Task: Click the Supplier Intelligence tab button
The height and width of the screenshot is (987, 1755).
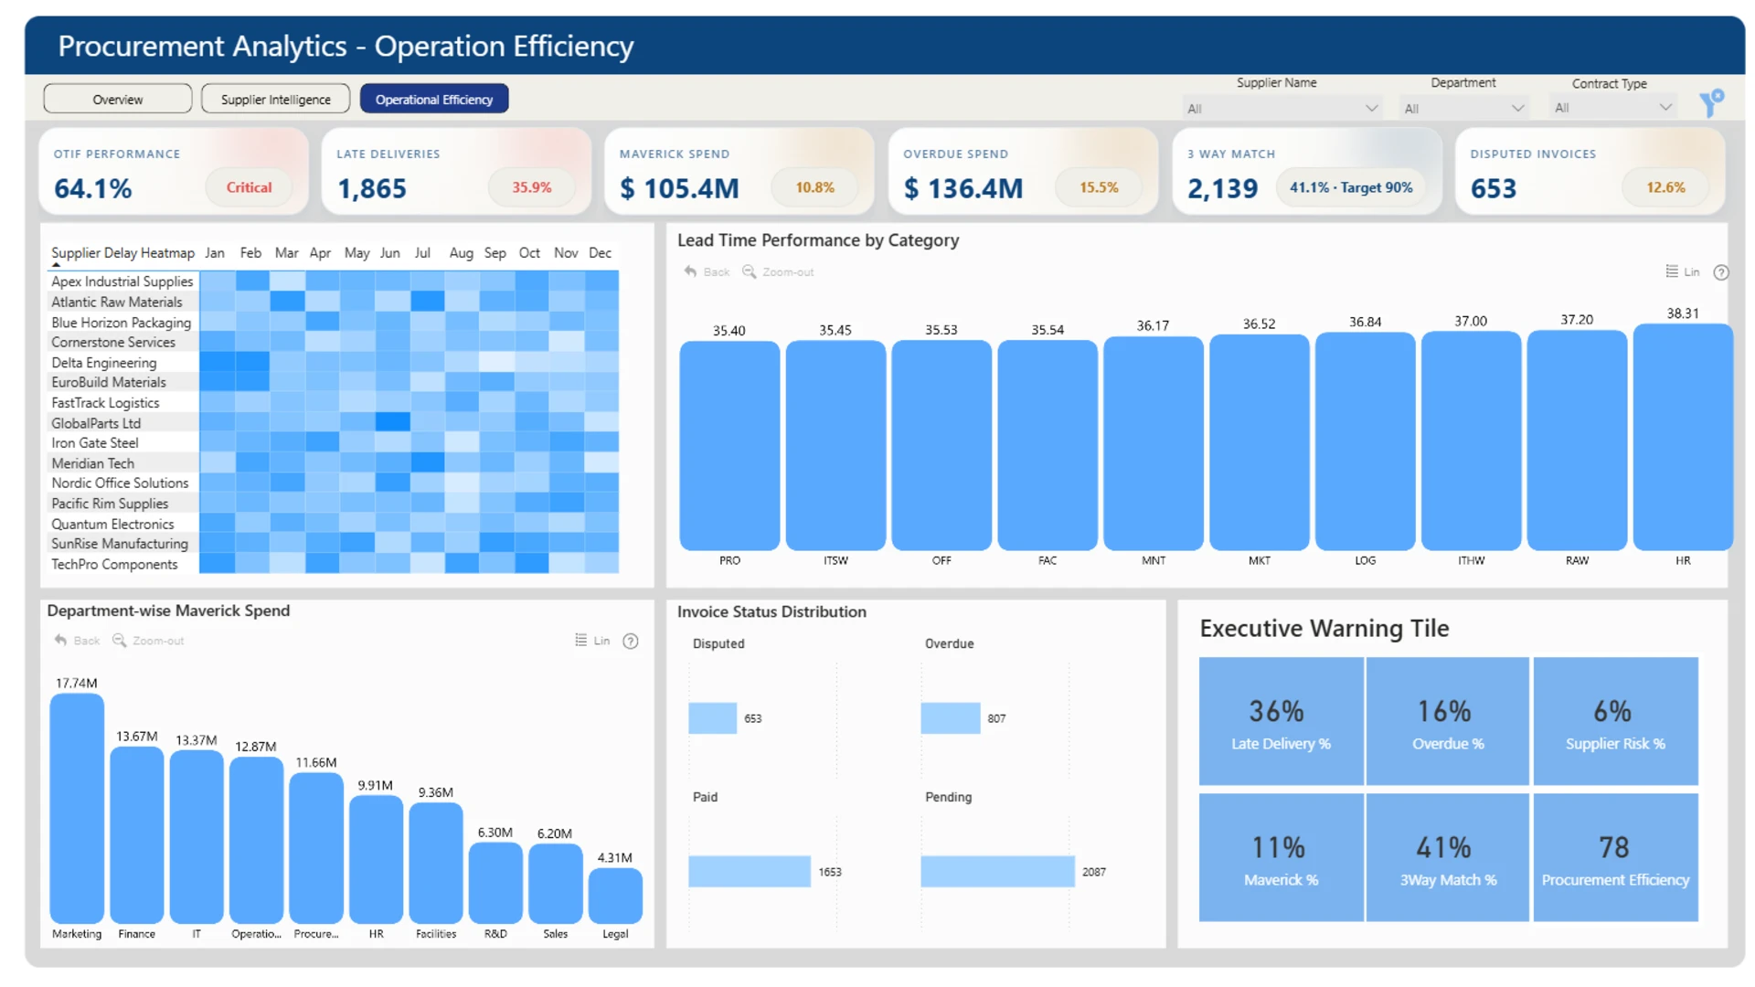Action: [x=275, y=99]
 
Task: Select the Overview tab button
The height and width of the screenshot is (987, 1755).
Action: [x=118, y=99]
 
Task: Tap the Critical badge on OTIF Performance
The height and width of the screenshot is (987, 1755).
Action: [x=249, y=187]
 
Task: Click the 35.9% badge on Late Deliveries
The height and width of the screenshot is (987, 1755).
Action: [x=532, y=187]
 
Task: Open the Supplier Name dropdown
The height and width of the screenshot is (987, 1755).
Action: [x=1282, y=108]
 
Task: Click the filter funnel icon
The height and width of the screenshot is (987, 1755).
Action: [x=1711, y=102]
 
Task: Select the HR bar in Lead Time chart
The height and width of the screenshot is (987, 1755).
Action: [x=1683, y=437]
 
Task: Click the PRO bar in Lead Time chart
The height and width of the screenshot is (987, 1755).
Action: [x=729, y=445]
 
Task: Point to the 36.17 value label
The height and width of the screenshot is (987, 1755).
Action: [x=1153, y=325]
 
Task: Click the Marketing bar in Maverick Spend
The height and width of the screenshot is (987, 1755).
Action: [x=77, y=808]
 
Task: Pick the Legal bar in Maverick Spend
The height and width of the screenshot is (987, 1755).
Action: [x=615, y=895]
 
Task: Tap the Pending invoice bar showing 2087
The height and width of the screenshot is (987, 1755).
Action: [x=997, y=872]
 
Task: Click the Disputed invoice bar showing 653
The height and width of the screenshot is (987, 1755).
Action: [x=713, y=718]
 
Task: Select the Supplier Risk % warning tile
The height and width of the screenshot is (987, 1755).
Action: [x=1615, y=721]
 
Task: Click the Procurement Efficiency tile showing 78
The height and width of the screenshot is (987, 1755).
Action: [x=1615, y=857]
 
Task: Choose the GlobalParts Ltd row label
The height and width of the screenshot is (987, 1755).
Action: [x=96, y=423]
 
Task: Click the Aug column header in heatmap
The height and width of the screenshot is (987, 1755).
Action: [x=461, y=253]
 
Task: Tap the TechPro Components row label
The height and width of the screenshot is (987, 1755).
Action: [x=114, y=565]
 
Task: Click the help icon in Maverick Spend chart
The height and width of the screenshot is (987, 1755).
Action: [x=631, y=641]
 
